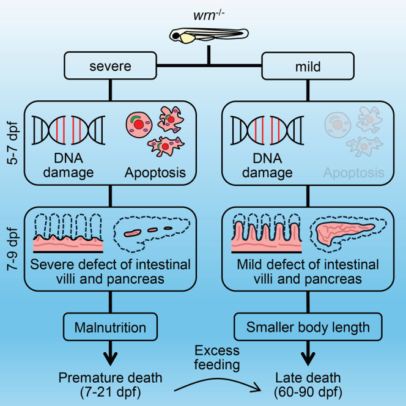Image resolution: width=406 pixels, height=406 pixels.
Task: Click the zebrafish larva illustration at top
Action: point(209,35)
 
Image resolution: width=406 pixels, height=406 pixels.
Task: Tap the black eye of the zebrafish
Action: point(176,36)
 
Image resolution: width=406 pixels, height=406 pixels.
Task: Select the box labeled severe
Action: point(110,65)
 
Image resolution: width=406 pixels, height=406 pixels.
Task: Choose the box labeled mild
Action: point(308,66)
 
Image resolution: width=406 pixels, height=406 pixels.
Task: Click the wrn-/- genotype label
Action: point(209,15)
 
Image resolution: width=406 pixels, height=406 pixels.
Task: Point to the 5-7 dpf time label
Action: point(12,143)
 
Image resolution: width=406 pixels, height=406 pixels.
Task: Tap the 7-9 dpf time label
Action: point(12,249)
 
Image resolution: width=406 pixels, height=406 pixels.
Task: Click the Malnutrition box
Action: point(110,327)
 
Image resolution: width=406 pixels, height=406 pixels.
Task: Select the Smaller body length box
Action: point(308,327)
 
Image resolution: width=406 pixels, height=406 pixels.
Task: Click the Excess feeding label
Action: point(217,358)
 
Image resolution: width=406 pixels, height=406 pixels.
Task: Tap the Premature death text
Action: point(110,377)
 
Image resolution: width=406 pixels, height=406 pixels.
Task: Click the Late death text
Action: point(308,377)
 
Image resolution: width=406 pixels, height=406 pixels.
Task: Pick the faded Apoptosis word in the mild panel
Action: point(353,172)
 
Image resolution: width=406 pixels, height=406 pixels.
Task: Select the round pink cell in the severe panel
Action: point(139,125)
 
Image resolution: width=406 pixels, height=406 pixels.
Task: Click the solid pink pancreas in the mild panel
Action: point(344,232)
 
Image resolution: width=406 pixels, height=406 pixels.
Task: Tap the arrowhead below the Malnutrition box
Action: point(110,359)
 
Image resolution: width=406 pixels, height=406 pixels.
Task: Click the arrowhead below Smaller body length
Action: point(308,359)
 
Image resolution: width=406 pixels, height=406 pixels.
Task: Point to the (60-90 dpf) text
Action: point(308,392)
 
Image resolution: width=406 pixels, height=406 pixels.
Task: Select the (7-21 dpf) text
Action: point(110,392)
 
